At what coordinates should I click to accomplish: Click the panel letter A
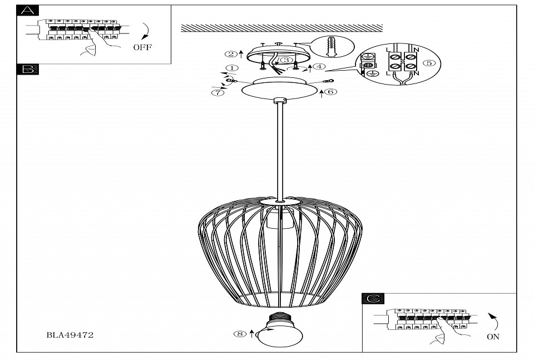coord(28,11)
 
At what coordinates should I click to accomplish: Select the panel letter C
coord(373,299)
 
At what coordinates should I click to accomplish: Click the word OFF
coord(142,47)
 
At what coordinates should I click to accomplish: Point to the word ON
coord(493,337)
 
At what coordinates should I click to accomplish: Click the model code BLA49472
coord(70,335)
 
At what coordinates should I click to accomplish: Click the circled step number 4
coord(319,67)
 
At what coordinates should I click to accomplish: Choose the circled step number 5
coord(429,63)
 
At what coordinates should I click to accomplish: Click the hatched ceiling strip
coord(282,28)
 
